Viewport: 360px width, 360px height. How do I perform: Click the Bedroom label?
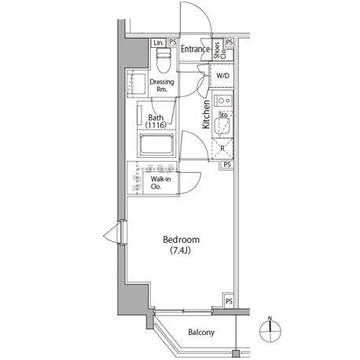click(x=181, y=240)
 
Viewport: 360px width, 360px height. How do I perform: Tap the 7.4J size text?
click(x=180, y=251)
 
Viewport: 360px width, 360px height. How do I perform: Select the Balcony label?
click(x=201, y=332)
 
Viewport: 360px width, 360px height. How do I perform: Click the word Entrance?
click(x=195, y=49)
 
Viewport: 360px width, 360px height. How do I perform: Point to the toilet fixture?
click(x=163, y=60)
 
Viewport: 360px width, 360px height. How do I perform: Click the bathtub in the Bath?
click(x=156, y=145)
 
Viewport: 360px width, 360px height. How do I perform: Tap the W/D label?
click(x=222, y=75)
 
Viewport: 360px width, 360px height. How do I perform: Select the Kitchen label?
click(x=206, y=115)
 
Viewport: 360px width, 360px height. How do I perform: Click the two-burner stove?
click(x=223, y=101)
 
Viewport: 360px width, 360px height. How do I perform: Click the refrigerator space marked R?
click(x=222, y=149)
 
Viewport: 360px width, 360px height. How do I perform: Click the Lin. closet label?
click(x=159, y=42)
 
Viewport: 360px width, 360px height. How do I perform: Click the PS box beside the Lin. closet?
click(x=172, y=42)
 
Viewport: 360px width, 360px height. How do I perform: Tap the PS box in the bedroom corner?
click(x=229, y=301)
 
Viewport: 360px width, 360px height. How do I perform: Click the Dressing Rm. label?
click(x=162, y=86)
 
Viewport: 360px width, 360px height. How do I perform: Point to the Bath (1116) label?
click(x=156, y=121)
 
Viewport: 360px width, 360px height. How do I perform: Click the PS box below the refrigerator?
click(x=227, y=164)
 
